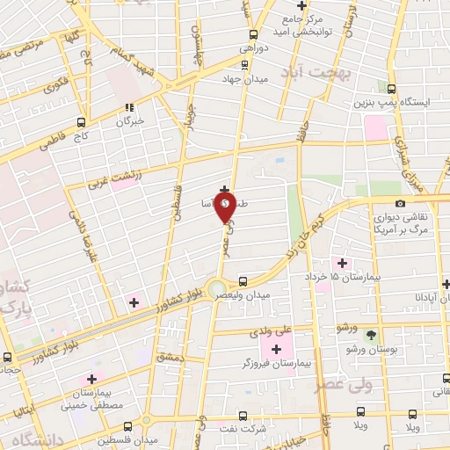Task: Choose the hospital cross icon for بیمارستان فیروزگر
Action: point(277,350)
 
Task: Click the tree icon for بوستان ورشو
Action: point(370,335)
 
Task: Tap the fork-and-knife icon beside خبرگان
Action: point(131,108)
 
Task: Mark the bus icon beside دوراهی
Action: point(254,33)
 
